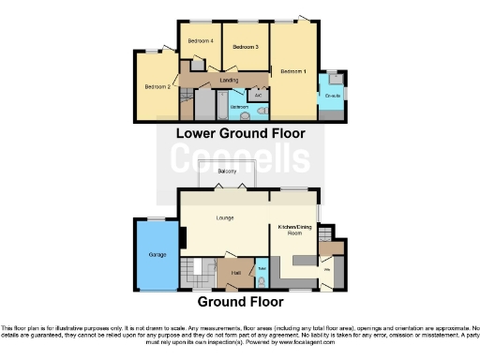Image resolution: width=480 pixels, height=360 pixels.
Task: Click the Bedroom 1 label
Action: click(292, 71)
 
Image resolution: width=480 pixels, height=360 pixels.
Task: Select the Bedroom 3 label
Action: click(246, 47)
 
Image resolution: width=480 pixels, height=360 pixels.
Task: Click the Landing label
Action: click(229, 81)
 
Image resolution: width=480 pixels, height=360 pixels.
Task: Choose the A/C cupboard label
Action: click(258, 95)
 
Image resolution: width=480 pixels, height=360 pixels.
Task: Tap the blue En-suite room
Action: click(332, 99)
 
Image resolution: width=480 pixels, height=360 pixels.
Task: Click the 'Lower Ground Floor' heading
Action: click(241, 134)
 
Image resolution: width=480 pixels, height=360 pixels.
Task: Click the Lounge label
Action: click(224, 218)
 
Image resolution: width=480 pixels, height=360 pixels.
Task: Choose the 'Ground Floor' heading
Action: click(240, 303)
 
